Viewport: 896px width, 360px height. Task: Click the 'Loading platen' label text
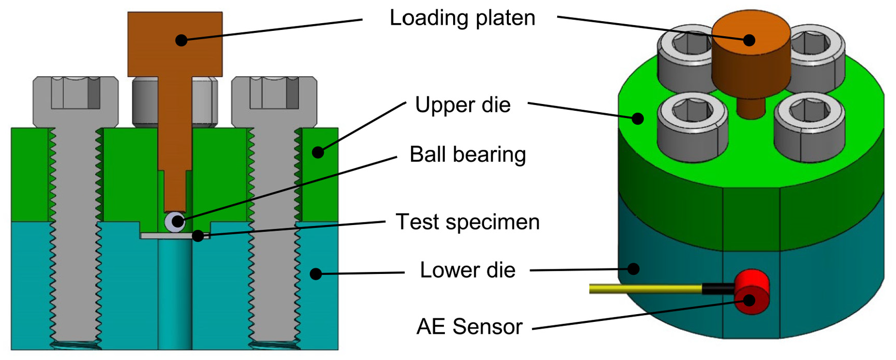(x=462, y=18)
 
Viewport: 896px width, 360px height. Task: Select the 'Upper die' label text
(x=462, y=105)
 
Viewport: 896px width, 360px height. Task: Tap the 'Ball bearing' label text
(x=468, y=155)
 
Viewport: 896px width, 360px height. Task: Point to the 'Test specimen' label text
(x=468, y=222)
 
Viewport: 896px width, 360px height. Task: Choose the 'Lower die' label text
(x=468, y=270)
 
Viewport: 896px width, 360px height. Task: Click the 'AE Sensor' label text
(x=469, y=327)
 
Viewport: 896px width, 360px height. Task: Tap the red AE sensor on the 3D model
(x=751, y=292)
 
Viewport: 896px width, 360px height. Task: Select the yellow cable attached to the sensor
(x=646, y=288)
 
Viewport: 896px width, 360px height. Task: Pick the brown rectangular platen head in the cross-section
(x=175, y=44)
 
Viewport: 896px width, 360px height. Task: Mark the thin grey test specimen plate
(x=175, y=236)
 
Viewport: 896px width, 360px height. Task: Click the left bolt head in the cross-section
(x=76, y=102)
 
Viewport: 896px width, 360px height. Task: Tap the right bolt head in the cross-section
(x=274, y=102)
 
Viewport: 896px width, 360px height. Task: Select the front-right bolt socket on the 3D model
(x=809, y=126)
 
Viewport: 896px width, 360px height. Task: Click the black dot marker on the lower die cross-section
(x=316, y=274)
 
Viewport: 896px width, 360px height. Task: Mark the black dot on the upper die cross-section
(x=318, y=152)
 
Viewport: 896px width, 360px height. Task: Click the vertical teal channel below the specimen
(x=175, y=294)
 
